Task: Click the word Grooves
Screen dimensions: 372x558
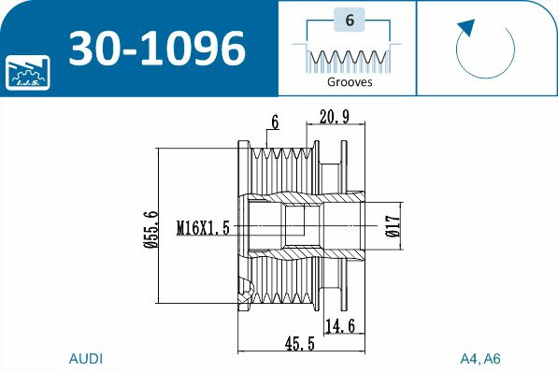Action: pyautogui.click(x=349, y=82)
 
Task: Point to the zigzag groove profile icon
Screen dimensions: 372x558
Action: pyautogui.click(x=348, y=59)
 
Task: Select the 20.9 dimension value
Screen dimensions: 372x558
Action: pyautogui.click(x=335, y=117)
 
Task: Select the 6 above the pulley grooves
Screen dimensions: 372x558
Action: pyautogui.click(x=275, y=122)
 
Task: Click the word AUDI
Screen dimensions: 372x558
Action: pyautogui.click(x=86, y=359)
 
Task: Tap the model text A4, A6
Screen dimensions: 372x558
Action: pyautogui.click(x=480, y=359)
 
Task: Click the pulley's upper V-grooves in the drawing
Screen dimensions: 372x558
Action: pyautogui.click(x=285, y=166)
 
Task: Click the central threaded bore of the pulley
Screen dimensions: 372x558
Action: pyautogui.click(x=294, y=225)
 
